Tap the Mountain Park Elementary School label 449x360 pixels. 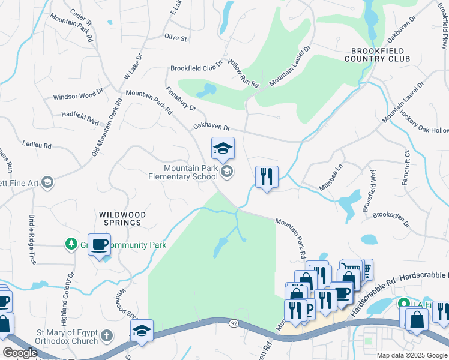tap(183, 173)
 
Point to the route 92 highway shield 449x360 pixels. tap(234, 323)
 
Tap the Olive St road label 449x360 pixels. tap(176, 37)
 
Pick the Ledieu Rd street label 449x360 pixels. tap(37, 145)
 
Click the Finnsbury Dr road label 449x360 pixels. tap(180, 100)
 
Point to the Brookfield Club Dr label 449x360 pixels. tap(196, 68)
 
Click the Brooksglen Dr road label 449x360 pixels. tap(391, 220)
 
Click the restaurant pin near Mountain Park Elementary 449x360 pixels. tap(267, 177)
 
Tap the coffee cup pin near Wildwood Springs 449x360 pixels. tap(100, 244)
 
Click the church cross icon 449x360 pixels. tap(106, 335)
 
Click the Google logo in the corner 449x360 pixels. tap(20, 353)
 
